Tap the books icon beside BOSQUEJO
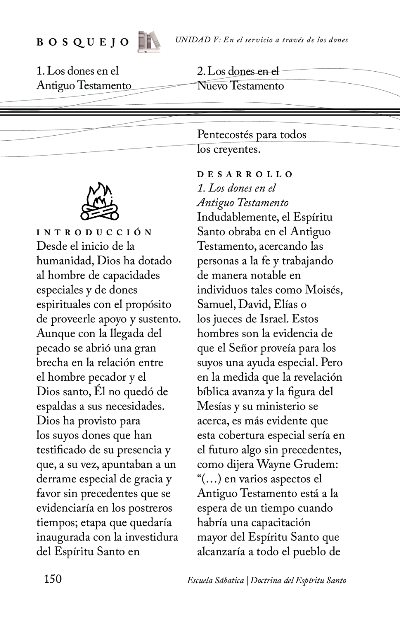click(x=149, y=42)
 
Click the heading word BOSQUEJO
click(x=82, y=42)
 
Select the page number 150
click(x=53, y=579)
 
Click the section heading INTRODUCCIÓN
click(x=95, y=233)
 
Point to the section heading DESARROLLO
click(x=245, y=174)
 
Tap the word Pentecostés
click(x=225, y=135)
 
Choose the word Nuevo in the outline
click(x=212, y=86)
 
